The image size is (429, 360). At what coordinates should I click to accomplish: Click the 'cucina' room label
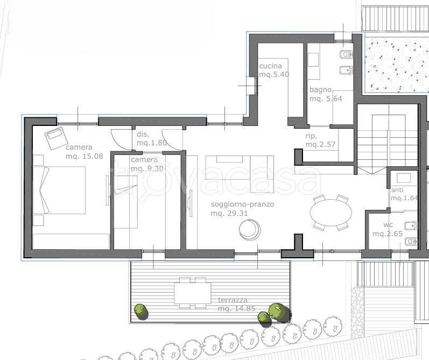(x=270, y=66)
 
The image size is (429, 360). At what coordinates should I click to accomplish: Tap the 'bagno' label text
(x=320, y=90)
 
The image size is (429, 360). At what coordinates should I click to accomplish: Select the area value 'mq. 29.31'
(x=229, y=214)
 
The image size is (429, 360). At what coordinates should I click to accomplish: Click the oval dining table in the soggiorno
(x=331, y=212)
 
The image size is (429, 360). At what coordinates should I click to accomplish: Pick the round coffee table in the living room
(x=250, y=230)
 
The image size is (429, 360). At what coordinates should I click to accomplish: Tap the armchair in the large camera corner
(x=57, y=138)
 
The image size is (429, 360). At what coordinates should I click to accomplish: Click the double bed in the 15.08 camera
(x=59, y=190)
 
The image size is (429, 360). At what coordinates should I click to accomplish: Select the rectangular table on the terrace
(x=193, y=293)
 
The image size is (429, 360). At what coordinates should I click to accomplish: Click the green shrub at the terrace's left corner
(x=141, y=312)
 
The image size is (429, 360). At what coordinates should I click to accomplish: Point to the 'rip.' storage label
(x=311, y=136)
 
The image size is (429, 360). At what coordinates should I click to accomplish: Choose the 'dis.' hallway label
(x=143, y=135)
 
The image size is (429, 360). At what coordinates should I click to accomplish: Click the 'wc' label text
(x=388, y=225)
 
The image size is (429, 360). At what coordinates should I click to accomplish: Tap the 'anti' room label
(x=397, y=190)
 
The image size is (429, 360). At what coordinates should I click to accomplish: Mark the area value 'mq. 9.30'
(x=147, y=168)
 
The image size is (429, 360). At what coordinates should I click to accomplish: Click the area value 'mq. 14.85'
(x=237, y=308)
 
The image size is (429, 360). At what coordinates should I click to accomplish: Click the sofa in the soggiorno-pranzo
(x=240, y=174)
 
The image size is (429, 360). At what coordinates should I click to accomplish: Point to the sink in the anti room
(x=404, y=178)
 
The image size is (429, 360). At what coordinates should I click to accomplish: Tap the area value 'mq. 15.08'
(x=85, y=156)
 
